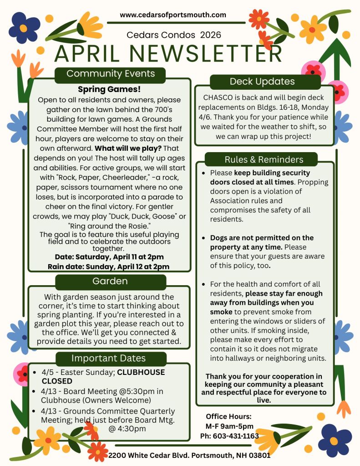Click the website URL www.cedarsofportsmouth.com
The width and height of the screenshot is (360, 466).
click(173, 15)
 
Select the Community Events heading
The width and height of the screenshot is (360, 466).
click(110, 74)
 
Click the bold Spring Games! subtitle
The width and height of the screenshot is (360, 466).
click(109, 89)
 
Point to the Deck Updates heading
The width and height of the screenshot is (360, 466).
click(262, 82)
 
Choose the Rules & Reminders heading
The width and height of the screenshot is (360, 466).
click(264, 159)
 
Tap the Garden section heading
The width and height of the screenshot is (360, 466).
click(110, 281)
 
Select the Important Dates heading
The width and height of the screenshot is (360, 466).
click(108, 358)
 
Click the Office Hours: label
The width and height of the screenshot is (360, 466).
click(228, 416)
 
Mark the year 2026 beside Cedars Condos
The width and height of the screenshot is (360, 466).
click(211, 35)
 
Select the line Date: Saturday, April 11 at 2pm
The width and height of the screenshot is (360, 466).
click(109, 257)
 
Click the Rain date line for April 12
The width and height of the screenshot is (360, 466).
click(109, 267)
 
